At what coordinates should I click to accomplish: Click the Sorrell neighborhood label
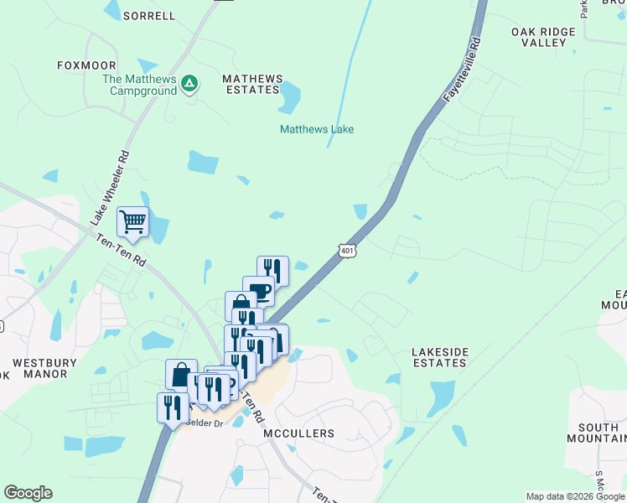click(x=149, y=15)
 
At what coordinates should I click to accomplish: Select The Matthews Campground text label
click(x=139, y=85)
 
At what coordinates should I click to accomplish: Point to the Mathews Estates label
click(x=251, y=84)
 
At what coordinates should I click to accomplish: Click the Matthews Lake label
click(x=316, y=129)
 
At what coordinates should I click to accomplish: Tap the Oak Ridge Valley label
click(x=543, y=37)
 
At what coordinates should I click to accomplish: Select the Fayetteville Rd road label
click(x=464, y=70)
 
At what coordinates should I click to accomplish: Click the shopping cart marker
click(x=132, y=222)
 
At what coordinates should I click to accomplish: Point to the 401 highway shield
click(x=348, y=250)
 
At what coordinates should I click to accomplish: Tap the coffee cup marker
click(x=259, y=291)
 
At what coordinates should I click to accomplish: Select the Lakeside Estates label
click(x=439, y=357)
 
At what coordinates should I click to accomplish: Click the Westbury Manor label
click(x=44, y=369)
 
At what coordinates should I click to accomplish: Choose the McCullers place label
click(x=299, y=433)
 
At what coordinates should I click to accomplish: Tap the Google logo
click(x=28, y=493)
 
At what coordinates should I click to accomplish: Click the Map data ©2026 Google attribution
click(x=575, y=496)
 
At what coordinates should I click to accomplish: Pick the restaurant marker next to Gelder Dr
click(x=171, y=407)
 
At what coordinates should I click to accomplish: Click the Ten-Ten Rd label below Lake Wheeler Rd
click(x=122, y=251)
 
